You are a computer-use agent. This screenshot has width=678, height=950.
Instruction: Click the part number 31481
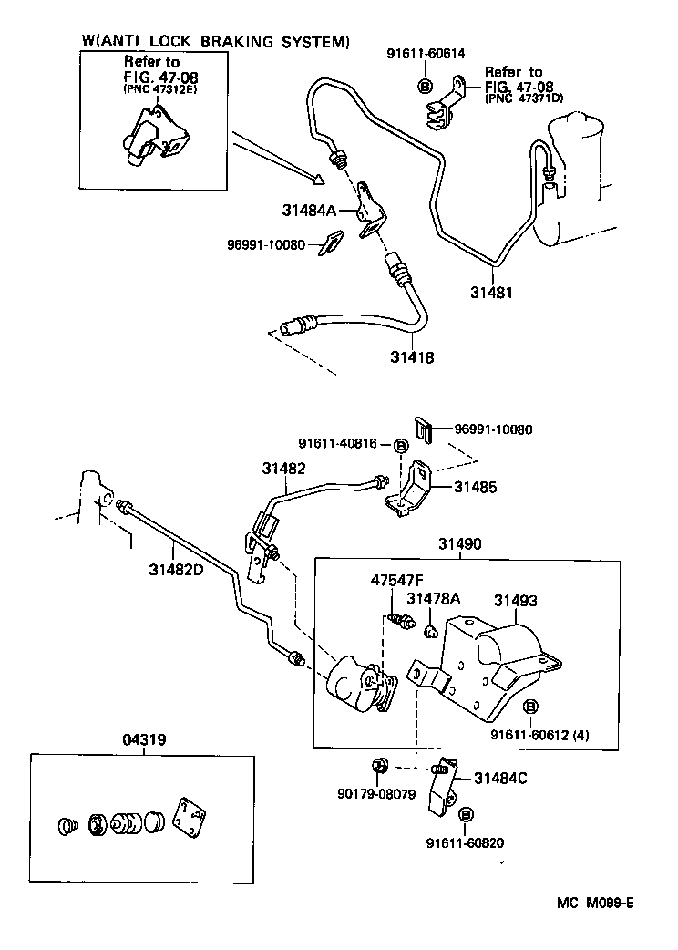click(492, 293)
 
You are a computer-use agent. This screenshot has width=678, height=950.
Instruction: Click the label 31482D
click(179, 572)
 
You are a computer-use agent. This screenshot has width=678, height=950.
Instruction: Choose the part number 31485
click(478, 488)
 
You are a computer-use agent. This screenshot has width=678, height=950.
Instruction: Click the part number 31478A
click(433, 598)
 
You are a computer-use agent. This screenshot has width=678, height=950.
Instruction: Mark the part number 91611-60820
click(465, 843)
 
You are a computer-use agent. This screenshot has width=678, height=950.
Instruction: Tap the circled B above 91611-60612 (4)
click(530, 707)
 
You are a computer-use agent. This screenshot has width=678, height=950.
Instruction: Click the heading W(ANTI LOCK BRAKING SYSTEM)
click(215, 41)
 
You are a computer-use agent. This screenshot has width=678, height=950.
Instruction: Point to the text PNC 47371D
click(524, 98)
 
